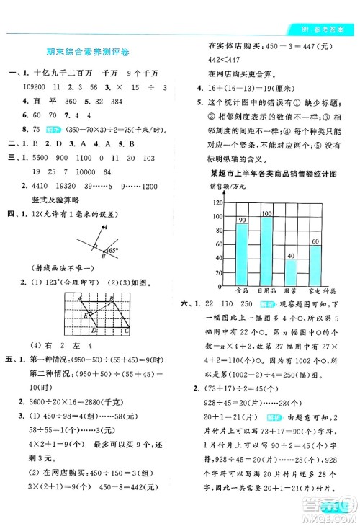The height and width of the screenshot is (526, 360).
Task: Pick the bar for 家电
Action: click(315, 254)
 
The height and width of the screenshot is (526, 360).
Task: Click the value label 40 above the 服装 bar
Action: click(291, 256)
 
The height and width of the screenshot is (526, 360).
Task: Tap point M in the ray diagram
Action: click(105, 228)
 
